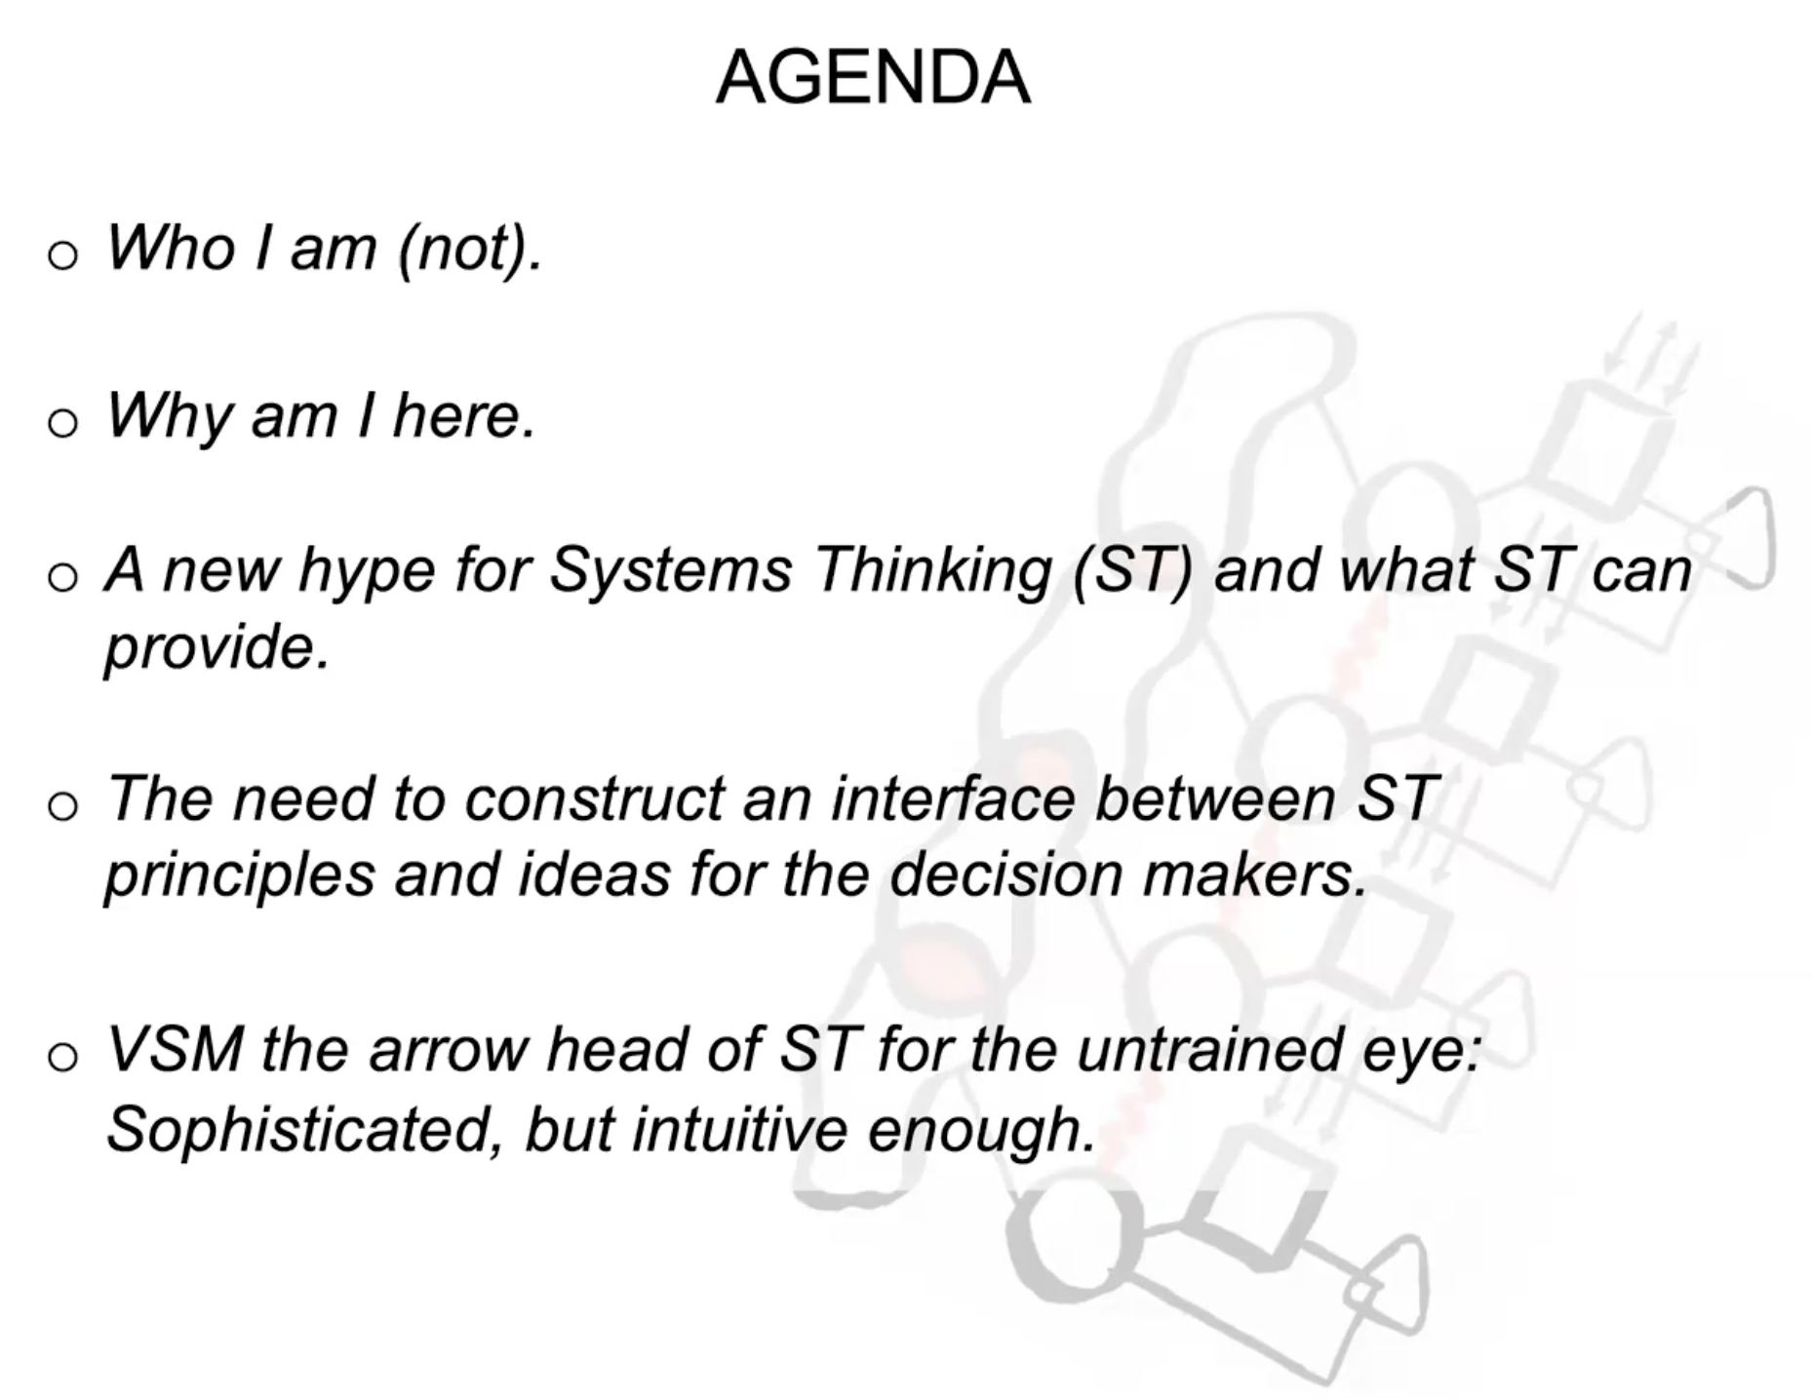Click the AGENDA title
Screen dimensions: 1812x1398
(873, 77)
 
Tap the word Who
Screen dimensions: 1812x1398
(172, 247)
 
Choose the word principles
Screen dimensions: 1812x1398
(239, 876)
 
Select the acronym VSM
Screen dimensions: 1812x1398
(175, 1049)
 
